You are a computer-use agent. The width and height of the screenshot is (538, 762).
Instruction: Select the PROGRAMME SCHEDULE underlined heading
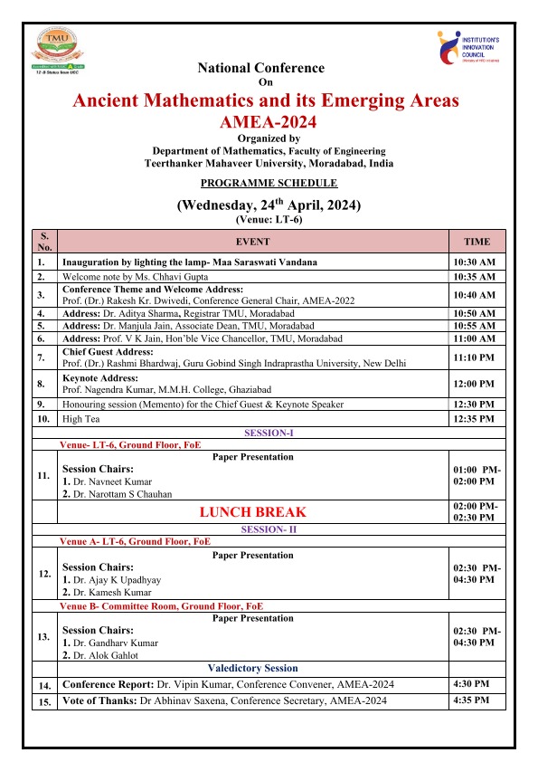pos(267,183)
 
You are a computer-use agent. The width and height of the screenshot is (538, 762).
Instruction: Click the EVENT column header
pos(252,242)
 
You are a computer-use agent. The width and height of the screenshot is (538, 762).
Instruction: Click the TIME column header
pos(477,242)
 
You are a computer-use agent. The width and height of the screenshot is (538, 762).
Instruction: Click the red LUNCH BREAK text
pos(252,511)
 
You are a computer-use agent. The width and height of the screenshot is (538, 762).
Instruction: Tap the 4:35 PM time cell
pos(470,700)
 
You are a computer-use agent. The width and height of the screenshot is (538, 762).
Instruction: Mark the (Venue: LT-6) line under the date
pos(268,220)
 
